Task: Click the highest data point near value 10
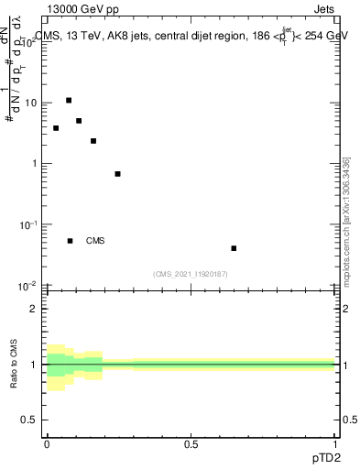click(x=69, y=100)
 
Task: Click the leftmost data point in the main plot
click(x=56, y=128)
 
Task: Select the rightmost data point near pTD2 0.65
click(x=234, y=248)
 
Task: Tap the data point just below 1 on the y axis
click(x=117, y=174)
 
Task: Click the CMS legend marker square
click(x=70, y=241)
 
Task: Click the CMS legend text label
click(x=95, y=241)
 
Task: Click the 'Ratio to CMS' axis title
click(x=16, y=365)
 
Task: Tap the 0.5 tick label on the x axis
click(x=191, y=444)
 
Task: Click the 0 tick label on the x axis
click(x=47, y=444)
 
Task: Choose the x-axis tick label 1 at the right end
click(x=334, y=444)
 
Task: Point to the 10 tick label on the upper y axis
click(x=31, y=103)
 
